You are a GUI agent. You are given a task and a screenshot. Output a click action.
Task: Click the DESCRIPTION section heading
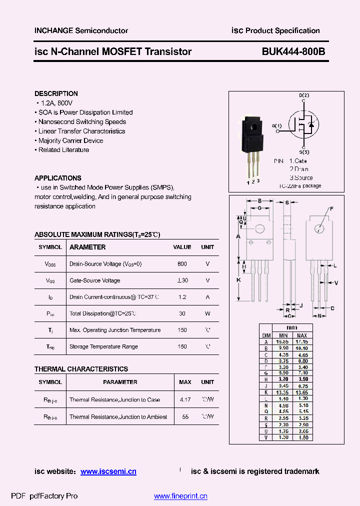(x=56, y=93)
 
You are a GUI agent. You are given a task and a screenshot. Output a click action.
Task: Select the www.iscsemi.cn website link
(x=108, y=471)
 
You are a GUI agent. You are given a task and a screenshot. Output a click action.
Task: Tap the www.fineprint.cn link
(x=180, y=496)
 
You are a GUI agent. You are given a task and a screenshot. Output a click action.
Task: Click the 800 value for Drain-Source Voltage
(x=182, y=263)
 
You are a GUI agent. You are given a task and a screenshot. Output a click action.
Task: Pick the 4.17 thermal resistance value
(x=185, y=400)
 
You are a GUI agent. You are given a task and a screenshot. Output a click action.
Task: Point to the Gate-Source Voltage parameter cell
(x=95, y=280)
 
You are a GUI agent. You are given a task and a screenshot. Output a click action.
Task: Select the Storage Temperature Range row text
(x=103, y=346)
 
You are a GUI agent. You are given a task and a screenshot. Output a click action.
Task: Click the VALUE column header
(x=182, y=247)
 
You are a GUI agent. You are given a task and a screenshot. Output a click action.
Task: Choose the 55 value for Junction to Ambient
(x=185, y=417)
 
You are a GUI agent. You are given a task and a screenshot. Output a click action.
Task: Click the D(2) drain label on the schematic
(x=304, y=95)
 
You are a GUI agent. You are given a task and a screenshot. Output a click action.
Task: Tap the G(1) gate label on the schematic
(x=276, y=125)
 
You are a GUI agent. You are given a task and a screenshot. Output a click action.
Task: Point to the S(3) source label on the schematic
(x=304, y=152)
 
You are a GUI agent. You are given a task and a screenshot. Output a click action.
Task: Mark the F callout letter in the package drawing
(x=331, y=208)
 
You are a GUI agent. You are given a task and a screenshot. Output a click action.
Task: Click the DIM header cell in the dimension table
(x=266, y=335)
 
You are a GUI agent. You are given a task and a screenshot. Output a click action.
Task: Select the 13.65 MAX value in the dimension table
(x=302, y=393)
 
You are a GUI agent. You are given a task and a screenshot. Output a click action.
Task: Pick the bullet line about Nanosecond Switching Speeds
(x=82, y=121)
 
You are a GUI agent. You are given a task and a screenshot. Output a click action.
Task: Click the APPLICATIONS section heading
(x=57, y=178)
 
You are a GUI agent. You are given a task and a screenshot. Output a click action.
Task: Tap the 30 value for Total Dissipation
(x=182, y=313)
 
